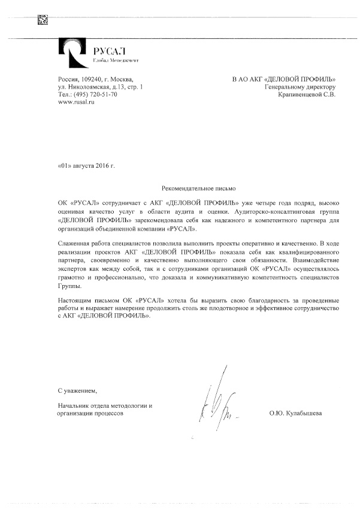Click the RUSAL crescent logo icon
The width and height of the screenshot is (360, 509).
71,52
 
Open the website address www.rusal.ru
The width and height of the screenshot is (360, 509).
76,102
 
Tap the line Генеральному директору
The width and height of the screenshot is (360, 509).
300,87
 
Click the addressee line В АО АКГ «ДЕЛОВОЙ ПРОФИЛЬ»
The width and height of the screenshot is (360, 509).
283,80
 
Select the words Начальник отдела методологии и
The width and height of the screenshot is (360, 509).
105,405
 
